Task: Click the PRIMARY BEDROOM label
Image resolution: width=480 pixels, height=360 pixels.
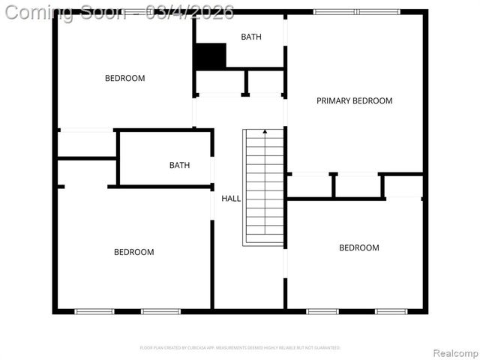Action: pos(354,100)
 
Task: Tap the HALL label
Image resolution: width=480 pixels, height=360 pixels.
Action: pos(231,199)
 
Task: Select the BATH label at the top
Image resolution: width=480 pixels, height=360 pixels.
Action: pos(251,37)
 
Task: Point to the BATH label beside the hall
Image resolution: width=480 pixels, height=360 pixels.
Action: pos(179,165)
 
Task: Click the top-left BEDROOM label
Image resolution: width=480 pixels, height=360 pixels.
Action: pos(124,78)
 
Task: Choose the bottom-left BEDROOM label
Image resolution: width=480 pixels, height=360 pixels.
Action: pos(133,252)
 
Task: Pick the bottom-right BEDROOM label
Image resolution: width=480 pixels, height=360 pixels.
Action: pos(358,247)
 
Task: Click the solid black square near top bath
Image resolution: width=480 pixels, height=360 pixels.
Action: pos(210,55)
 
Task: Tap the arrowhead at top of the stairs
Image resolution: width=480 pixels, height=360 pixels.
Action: pos(264,132)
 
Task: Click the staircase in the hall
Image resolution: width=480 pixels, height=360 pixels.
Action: pos(264,187)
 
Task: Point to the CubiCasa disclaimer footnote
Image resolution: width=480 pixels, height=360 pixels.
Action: pos(240,348)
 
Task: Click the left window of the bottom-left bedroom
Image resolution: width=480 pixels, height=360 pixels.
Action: pos(94,311)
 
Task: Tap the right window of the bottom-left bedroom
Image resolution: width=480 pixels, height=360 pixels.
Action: pos(161,311)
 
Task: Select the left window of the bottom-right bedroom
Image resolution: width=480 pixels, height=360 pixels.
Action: pos(322,311)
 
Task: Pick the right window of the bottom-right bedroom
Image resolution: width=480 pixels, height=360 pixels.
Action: pos(391,311)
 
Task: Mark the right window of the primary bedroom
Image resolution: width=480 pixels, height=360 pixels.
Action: pos(379,12)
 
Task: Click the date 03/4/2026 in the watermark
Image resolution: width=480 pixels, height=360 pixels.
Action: pos(190,12)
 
